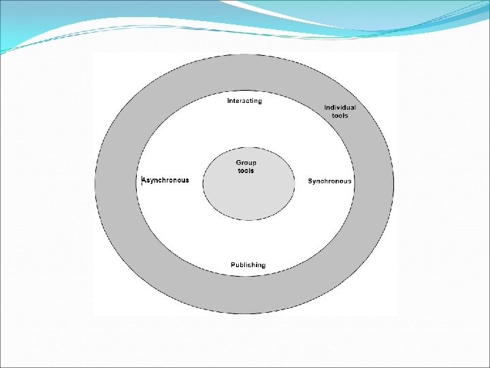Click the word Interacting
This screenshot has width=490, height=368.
click(x=244, y=101)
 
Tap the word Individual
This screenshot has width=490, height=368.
click(x=340, y=107)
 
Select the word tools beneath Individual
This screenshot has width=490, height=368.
click(x=340, y=116)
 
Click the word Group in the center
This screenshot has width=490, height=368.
click(x=246, y=163)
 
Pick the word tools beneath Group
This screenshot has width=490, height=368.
click(x=246, y=170)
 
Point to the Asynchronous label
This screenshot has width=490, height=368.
click(x=165, y=181)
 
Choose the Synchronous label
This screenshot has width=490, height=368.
click(x=329, y=181)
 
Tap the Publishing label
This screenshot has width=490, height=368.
click(x=248, y=264)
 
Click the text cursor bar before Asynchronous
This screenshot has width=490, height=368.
click(x=142, y=181)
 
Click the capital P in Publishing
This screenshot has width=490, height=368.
click(x=233, y=264)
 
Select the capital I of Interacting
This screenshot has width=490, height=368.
click(x=228, y=101)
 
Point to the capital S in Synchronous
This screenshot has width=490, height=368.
click(x=310, y=181)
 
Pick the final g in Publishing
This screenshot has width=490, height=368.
click(x=263, y=266)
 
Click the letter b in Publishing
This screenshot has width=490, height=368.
click(x=242, y=264)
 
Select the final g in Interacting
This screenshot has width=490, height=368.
click(x=259, y=102)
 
